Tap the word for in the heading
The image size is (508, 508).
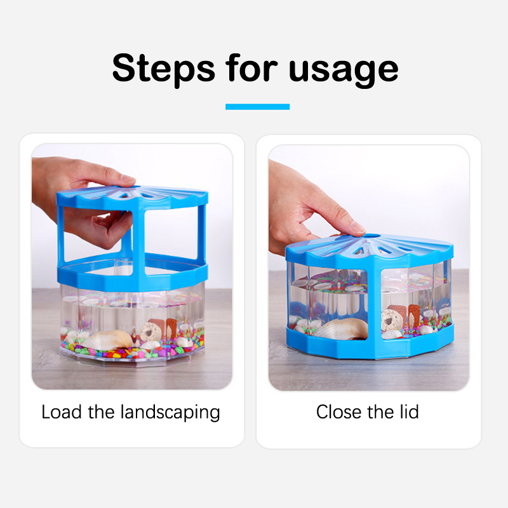coord(251,68)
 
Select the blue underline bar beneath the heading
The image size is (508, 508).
coord(258,107)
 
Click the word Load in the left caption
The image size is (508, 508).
coord(62,412)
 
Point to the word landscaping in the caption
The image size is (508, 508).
coord(170,413)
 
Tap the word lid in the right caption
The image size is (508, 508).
coord(409,411)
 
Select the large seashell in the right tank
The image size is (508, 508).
coord(342,329)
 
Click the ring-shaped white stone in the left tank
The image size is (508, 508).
coord(150,331)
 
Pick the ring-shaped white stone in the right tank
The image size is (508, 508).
coord(392,320)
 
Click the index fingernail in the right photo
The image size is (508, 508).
coord(358,227)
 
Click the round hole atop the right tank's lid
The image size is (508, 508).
coord(373,236)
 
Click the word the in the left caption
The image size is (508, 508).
coord(101,412)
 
